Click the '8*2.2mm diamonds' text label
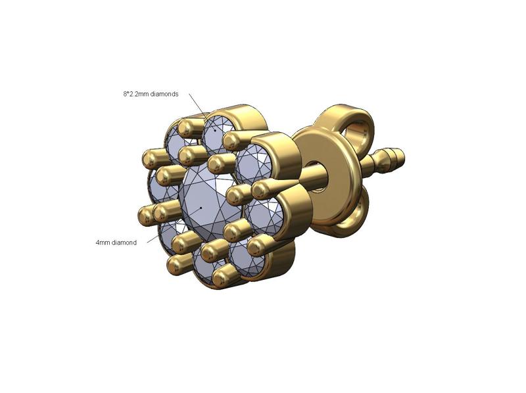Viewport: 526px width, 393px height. point(151,94)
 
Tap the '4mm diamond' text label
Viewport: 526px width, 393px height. point(116,243)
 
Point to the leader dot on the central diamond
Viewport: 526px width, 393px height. point(201,208)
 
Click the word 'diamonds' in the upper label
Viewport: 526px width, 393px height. point(164,94)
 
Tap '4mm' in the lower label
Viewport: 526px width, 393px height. point(103,243)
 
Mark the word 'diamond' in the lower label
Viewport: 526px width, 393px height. point(124,243)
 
